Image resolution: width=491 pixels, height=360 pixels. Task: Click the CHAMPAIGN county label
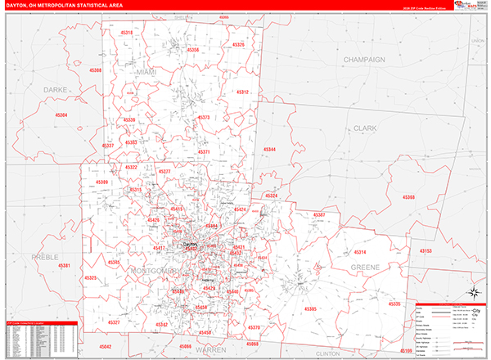pos(364,60)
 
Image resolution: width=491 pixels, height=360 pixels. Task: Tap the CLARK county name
pos(364,128)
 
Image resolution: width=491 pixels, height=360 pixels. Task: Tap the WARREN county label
pos(210,349)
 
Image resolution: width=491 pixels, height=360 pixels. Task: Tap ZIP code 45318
pos(126,32)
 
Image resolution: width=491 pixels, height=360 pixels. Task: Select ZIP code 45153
pos(426,251)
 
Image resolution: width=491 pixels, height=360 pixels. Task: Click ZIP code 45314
pos(359,253)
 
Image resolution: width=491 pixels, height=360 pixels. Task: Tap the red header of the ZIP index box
pos(40,323)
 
